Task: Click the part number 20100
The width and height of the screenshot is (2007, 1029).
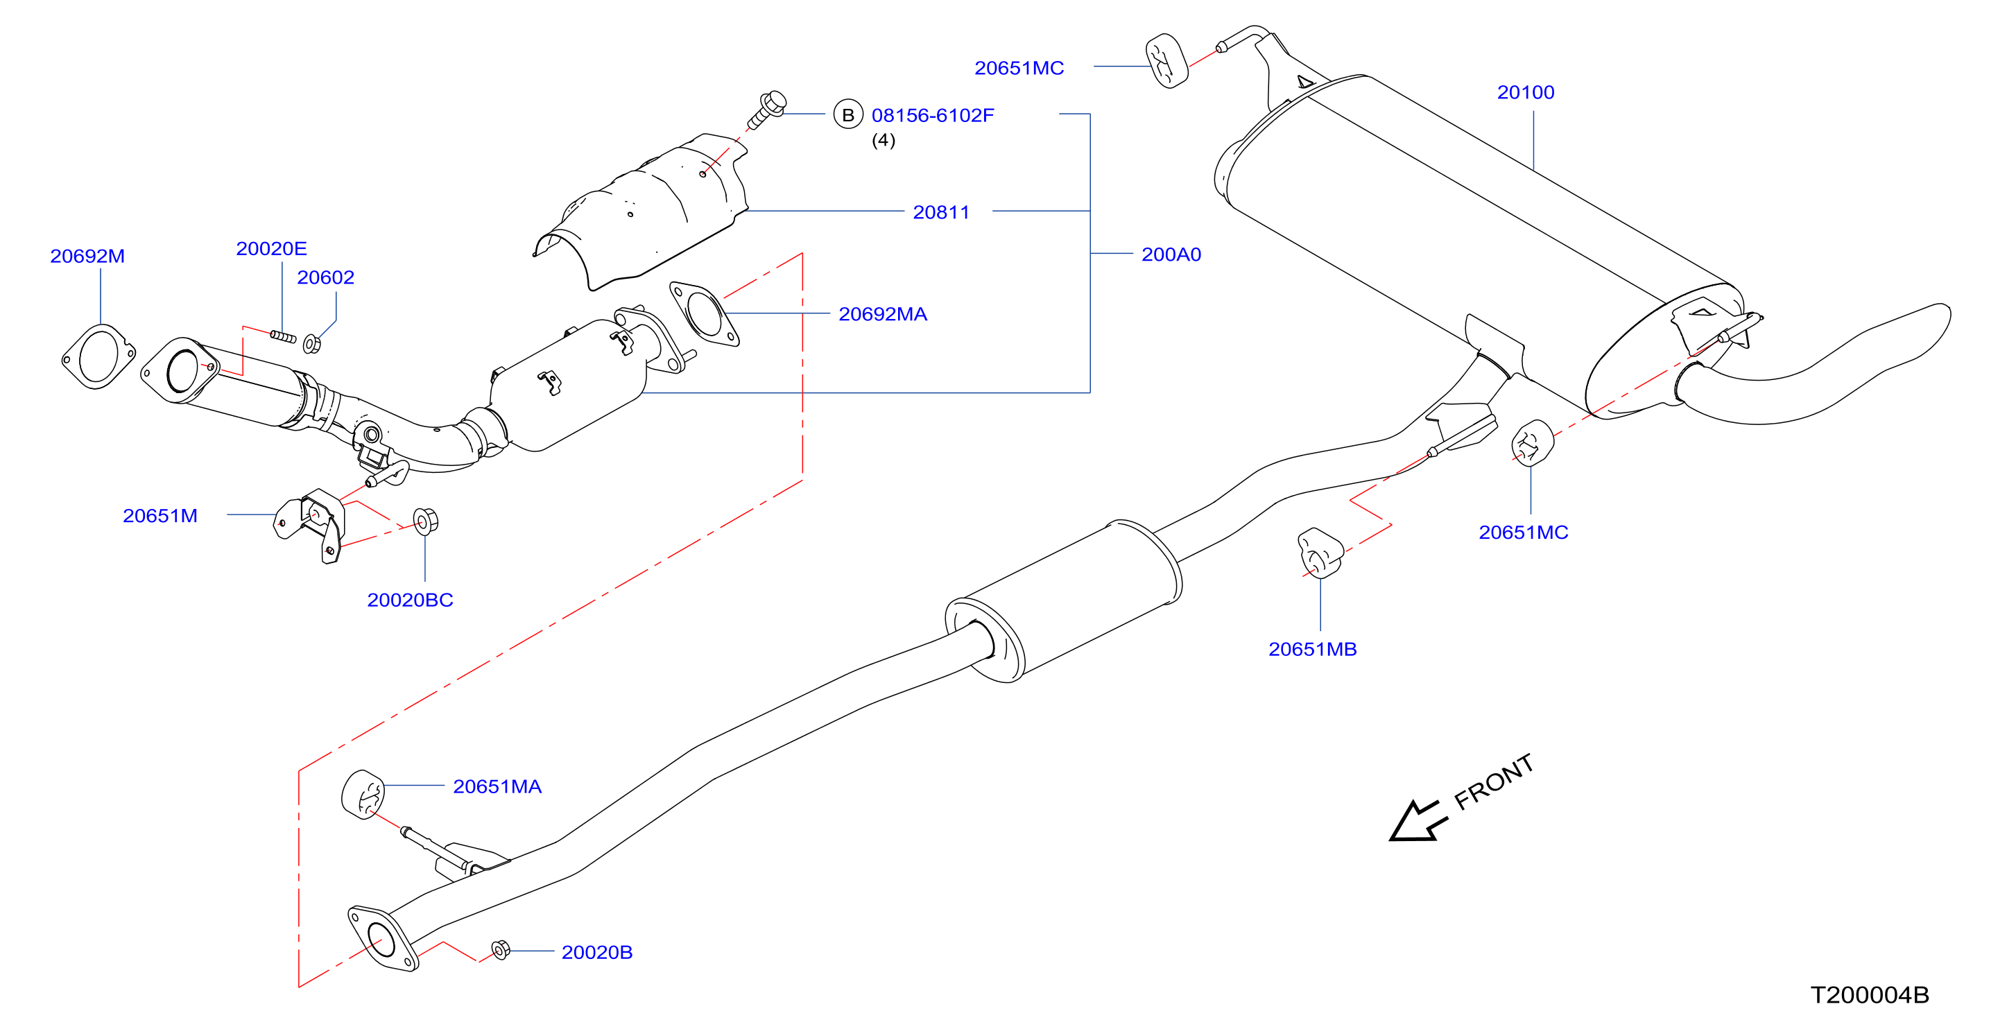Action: pyautogui.click(x=1525, y=92)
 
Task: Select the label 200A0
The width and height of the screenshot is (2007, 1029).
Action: pyautogui.click(x=1171, y=254)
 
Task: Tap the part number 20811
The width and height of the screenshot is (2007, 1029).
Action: pyautogui.click(x=941, y=212)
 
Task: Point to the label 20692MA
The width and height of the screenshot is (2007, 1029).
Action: pyautogui.click(x=883, y=314)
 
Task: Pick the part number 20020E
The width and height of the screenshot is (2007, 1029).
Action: pyautogui.click(x=271, y=248)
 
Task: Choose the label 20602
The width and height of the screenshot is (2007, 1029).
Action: pyautogui.click(x=326, y=277)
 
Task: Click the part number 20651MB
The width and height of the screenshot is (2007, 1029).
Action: pyautogui.click(x=1312, y=649)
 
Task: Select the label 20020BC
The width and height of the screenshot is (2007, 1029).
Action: pyautogui.click(x=410, y=600)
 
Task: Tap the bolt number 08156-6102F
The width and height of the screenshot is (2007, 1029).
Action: pyautogui.click(x=933, y=115)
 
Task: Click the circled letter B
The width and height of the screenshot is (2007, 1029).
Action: pyautogui.click(x=848, y=114)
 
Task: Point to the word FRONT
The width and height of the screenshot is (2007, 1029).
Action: pyautogui.click(x=1494, y=781)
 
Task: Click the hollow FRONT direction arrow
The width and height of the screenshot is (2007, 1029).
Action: pyautogui.click(x=1415, y=822)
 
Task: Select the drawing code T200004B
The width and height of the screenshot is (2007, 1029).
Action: pyautogui.click(x=1869, y=995)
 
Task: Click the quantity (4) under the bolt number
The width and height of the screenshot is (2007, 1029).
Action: pyautogui.click(x=883, y=140)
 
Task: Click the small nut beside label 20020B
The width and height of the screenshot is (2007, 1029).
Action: pyautogui.click(x=501, y=951)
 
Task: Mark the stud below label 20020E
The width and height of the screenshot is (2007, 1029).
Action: pyautogui.click(x=283, y=336)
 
